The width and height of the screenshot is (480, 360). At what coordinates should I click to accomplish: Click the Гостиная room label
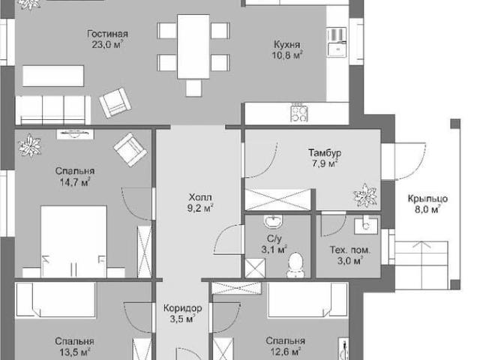pyautogui.click(x=107, y=34)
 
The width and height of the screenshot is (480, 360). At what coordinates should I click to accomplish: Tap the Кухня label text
pyautogui.click(x=286, y=45)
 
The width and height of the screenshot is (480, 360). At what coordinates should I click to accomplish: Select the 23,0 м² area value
pyautogui.click(x=107, y=45)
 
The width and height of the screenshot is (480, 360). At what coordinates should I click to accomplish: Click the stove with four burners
pyautogui.click(x=299, y=113)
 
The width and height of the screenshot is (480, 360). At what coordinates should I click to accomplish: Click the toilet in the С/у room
pyautogui.click(x=295, y=265)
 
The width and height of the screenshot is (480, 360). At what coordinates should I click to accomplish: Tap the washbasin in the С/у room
pyautogui.click(x=273, y=222)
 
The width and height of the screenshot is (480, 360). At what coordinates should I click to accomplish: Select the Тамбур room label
pyautogui.click(x=325, y=152)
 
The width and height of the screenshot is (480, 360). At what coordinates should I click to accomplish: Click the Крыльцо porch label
pyautogui.click(x=427, y=199)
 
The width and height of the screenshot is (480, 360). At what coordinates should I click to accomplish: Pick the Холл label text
pyautogui.click(x=200, y=196)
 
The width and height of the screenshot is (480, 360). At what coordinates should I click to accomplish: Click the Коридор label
pyautogui.click(x=182, y=307)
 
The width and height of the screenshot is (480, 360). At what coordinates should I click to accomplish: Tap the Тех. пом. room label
pyautogui.click(x=350, y=250)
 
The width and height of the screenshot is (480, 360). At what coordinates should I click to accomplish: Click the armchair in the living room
pyautogui.click(x=115, y=103)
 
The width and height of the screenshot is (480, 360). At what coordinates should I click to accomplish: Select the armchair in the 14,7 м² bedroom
pyautogui.click(x=130, y=149)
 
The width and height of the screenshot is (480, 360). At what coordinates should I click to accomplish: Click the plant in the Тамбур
pyautogui.click(x=365, y=195)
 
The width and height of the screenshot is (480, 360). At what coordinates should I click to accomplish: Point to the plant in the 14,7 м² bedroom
pyautogui.click(x=30, y=145)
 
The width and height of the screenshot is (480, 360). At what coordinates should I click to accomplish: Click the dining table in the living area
pyautogui.click(x=193, y=46)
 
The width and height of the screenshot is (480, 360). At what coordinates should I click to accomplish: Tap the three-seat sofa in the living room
pyautogui.click(x=53, y=110)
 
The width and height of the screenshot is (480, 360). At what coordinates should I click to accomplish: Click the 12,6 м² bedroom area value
pyautogui.click(x=285, y=352)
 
